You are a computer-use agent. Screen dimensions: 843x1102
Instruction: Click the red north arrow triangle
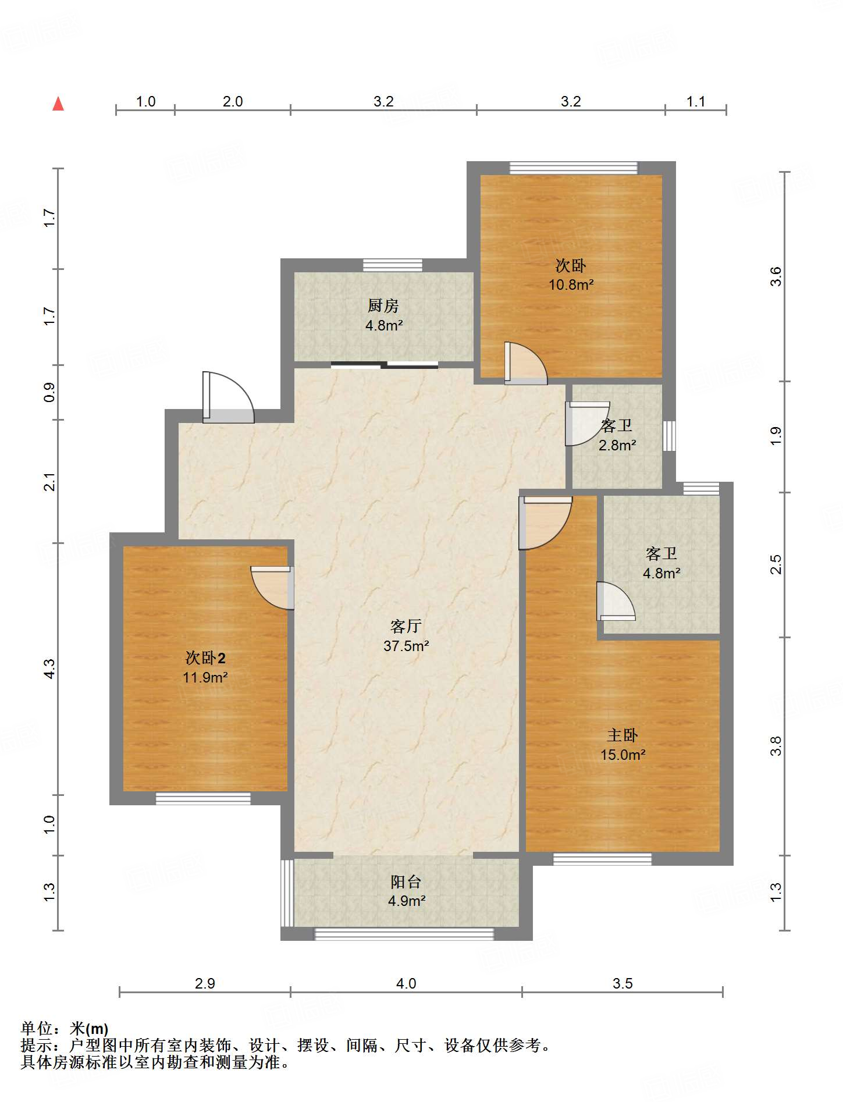coord(58,104)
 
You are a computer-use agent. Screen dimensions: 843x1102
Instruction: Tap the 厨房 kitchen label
coord(383,305)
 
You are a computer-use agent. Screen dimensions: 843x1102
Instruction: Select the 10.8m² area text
coord(571,285)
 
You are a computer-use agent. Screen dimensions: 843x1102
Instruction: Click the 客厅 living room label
coord(406,626)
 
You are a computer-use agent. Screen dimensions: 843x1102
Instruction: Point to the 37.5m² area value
coord(406,646)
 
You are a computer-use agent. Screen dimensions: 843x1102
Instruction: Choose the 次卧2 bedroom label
coord(205,657)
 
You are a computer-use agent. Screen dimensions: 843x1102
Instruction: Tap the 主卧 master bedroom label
coord(623,735)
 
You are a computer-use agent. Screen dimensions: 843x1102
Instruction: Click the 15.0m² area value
coord(623,755)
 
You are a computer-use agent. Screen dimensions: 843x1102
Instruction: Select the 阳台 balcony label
coord(406,881)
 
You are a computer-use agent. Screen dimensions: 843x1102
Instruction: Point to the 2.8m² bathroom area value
coord(617,445)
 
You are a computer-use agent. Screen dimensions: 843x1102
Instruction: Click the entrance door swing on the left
coord(228,397)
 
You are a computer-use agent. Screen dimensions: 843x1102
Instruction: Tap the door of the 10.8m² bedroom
coord(526,363)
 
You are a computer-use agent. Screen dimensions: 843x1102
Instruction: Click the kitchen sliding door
coord(385,365)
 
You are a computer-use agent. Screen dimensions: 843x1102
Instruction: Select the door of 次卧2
coord(272,588)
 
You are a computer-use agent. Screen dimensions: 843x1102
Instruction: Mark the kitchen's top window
coord(393,265)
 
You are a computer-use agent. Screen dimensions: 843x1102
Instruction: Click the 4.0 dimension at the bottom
coord(406,983)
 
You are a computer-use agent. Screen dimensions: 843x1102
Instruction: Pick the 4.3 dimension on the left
coord(49,669)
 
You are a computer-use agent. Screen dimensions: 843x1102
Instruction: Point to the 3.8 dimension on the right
coord(776,746)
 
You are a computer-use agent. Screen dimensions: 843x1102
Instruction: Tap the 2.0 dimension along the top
coord(233,101)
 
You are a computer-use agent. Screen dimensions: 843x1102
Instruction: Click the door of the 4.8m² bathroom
coord(616,601)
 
